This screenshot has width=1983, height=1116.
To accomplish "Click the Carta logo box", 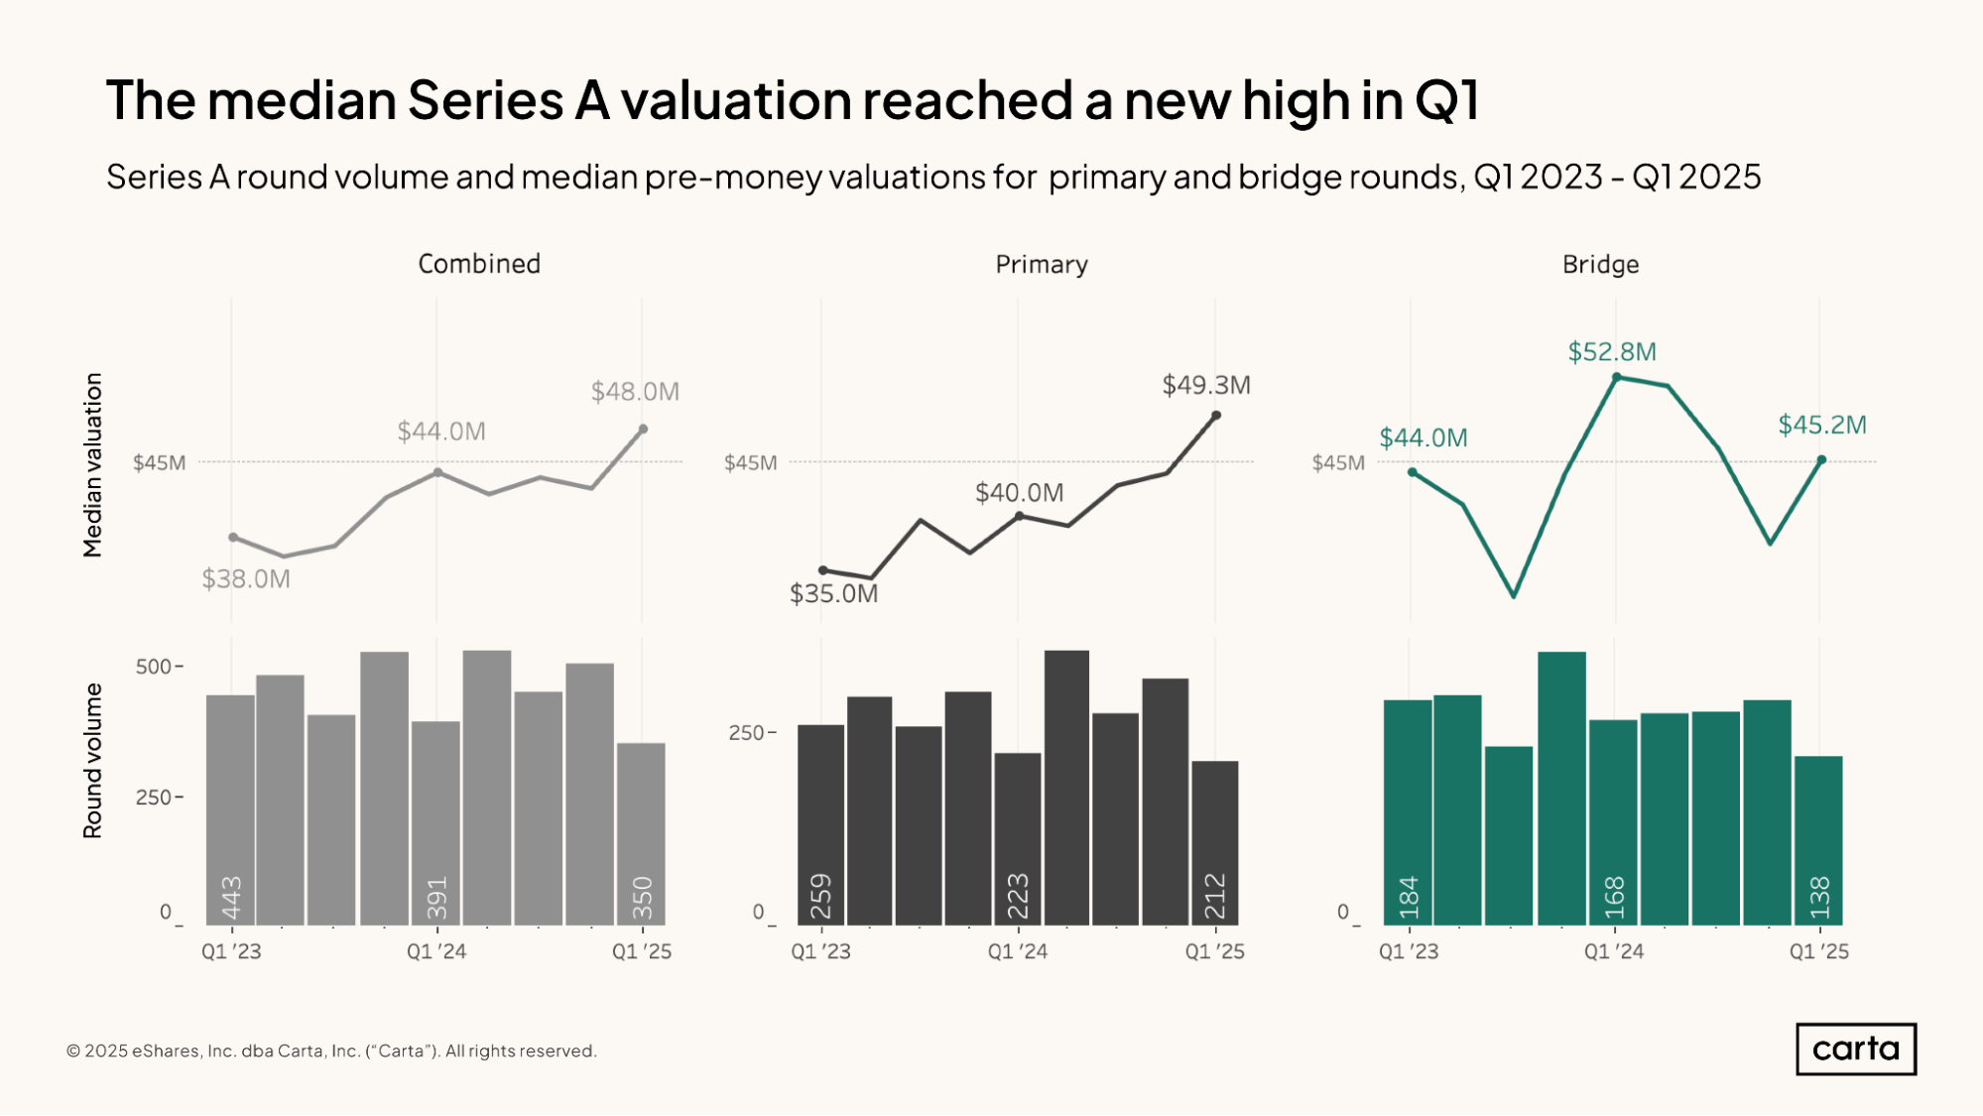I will [x=1855, y=1049].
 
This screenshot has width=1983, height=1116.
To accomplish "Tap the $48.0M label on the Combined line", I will [x=635, y=392].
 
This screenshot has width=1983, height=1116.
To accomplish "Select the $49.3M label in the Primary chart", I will [x=1206, y=385].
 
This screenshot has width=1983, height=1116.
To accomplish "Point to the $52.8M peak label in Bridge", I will [x=1612, y=352].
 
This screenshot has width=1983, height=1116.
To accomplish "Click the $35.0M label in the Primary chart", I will [x=833, y=594].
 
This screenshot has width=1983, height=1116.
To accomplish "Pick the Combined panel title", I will [x=479, y=264].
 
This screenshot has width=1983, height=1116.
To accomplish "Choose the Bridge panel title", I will [x=1600, y=265].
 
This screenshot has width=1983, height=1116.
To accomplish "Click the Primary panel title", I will [x=1042, y=265].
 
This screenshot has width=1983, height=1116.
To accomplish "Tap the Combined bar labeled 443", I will [x=230, y=813].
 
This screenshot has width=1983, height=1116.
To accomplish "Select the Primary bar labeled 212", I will [x=1215, y=843].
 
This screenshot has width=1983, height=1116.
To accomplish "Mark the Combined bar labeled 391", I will [x=436, y=823].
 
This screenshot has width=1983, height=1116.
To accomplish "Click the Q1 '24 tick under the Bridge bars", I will [x=1614, y=951].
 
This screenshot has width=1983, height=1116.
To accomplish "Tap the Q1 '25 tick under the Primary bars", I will [x=1215, y=951].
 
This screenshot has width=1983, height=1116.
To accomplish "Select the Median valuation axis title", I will [x=92, y=464].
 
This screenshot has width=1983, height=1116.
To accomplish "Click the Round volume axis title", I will [x=92, y=761].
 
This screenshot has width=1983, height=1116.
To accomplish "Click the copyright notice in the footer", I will [x=331, y=1051].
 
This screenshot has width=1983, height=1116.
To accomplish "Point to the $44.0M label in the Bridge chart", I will [x=1423, y=438].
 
